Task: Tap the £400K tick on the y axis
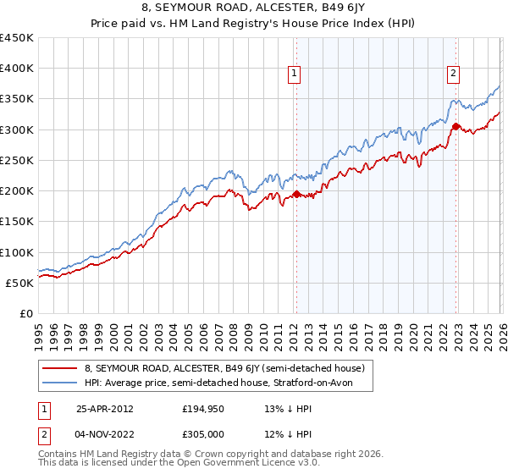coord(17,69)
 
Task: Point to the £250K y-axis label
coord(17,160)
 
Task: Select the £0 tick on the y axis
coord(26,313)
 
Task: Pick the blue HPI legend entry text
coord(229,383)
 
